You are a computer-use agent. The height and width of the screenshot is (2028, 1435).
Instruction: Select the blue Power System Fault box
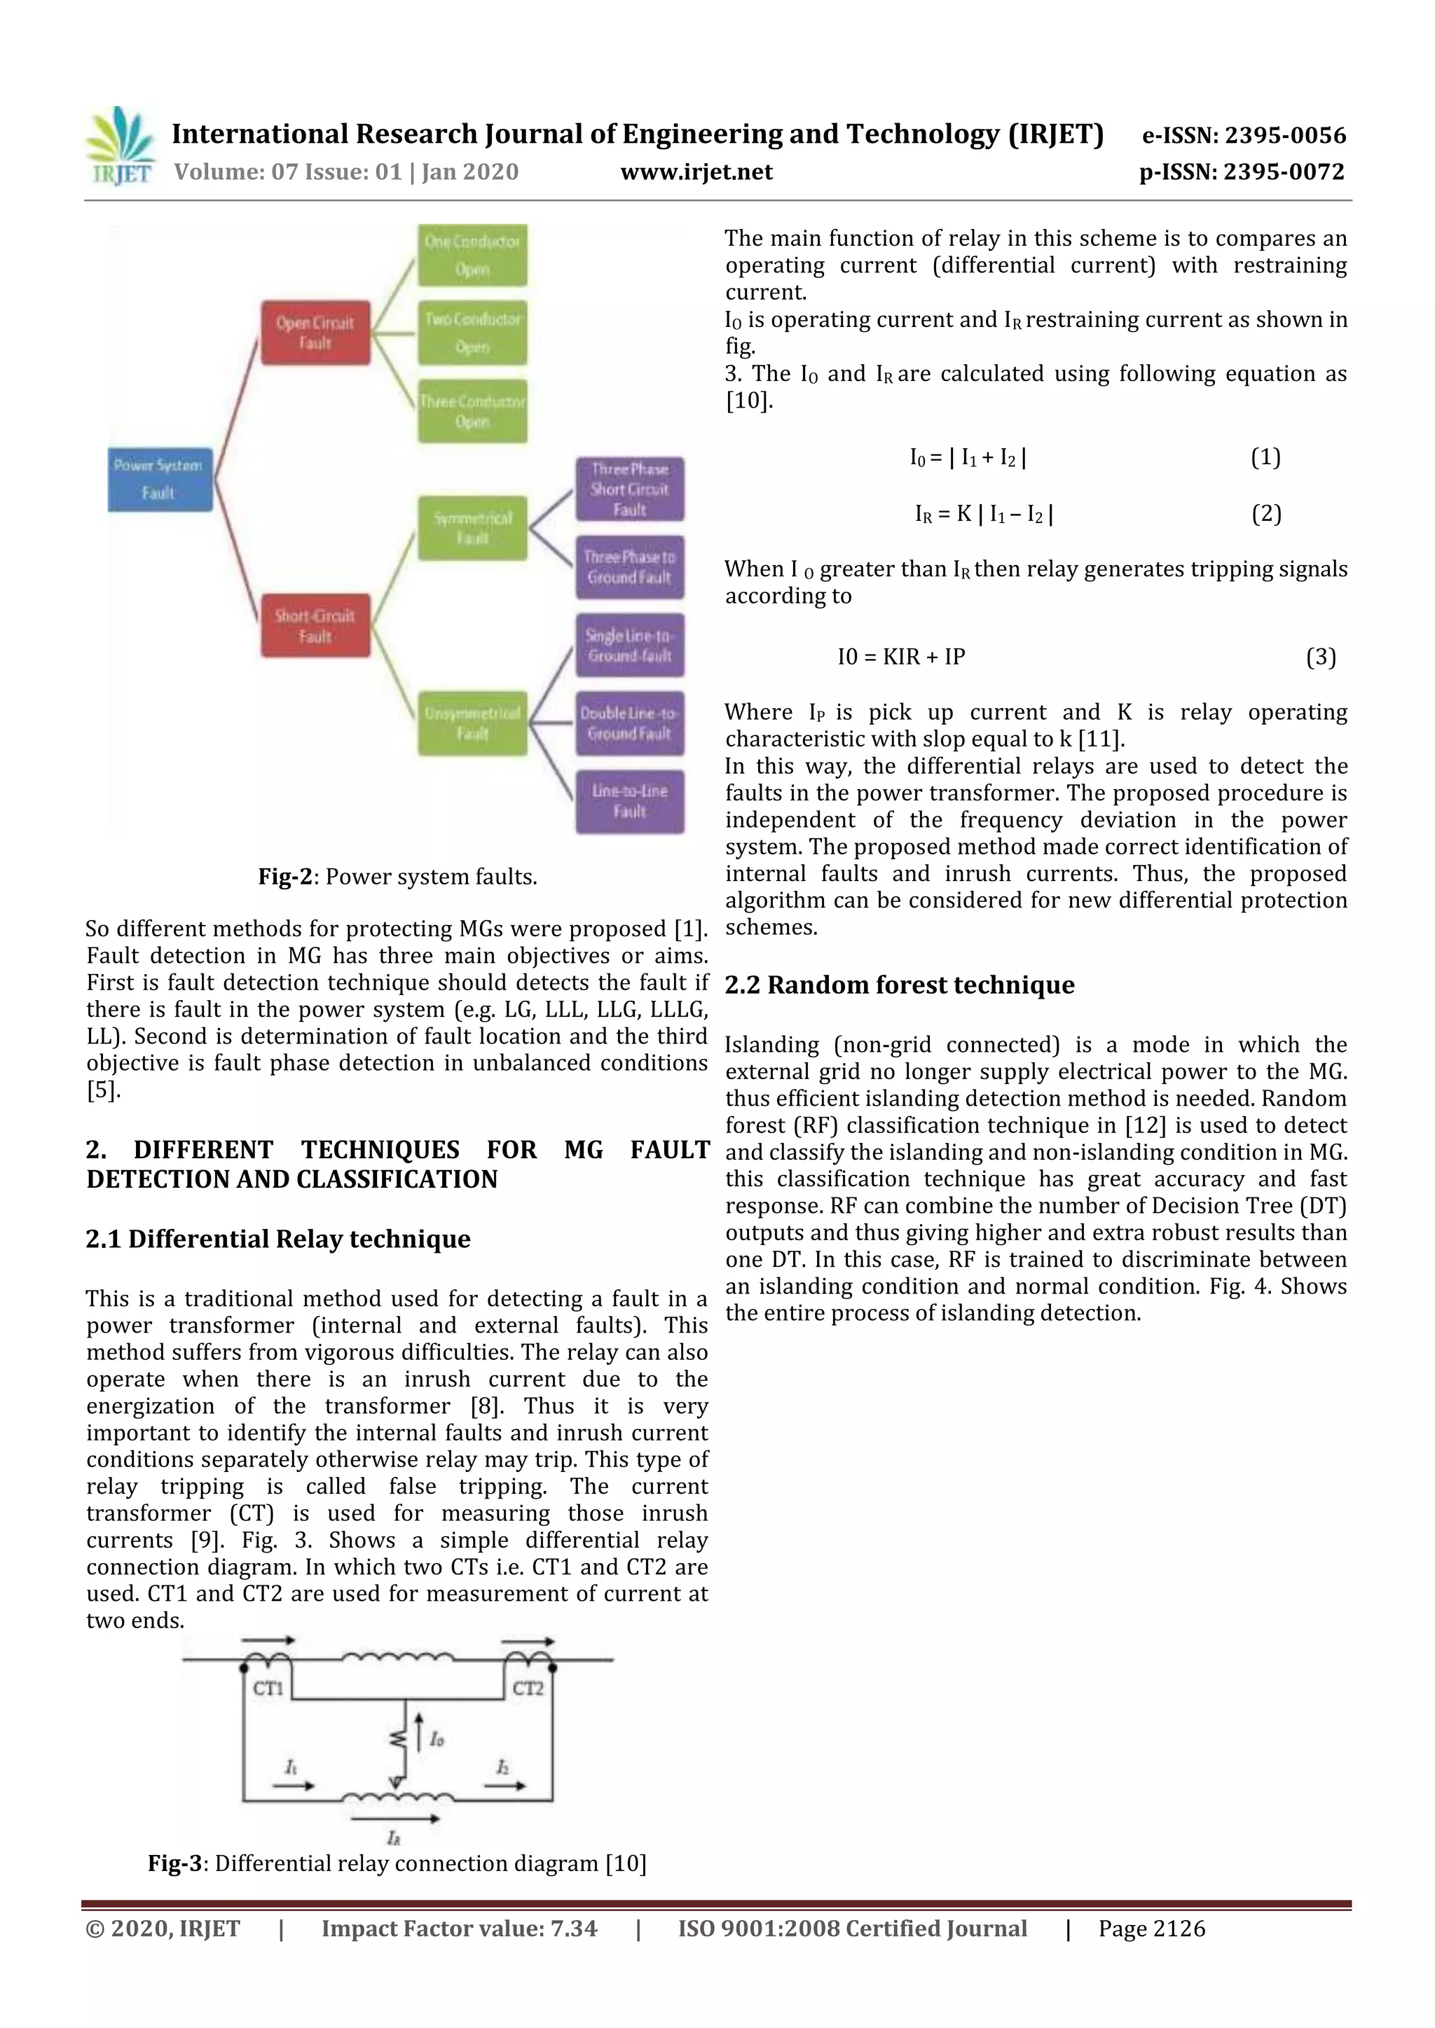(x=160, y=480)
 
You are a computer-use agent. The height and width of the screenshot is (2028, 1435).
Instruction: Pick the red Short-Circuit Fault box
(x=315, y=625)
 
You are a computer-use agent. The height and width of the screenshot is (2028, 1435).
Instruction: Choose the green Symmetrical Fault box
(x=473, y=527)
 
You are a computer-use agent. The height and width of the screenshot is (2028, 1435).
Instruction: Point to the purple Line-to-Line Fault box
(x=630, y=801)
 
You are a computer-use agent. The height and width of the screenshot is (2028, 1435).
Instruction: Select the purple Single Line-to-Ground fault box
(x=630, y=646)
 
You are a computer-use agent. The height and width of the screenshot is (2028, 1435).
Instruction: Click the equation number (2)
(x=1266, y=513)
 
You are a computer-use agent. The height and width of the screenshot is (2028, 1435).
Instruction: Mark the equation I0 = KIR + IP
(x=901, y=656)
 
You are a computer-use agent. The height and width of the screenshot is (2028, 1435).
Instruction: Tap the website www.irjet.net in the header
(x=696, y=172)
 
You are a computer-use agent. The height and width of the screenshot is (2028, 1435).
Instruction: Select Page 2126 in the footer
(x=1151, y=1928)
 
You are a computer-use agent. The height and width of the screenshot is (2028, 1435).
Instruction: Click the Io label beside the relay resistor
(x=437, y=1739)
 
